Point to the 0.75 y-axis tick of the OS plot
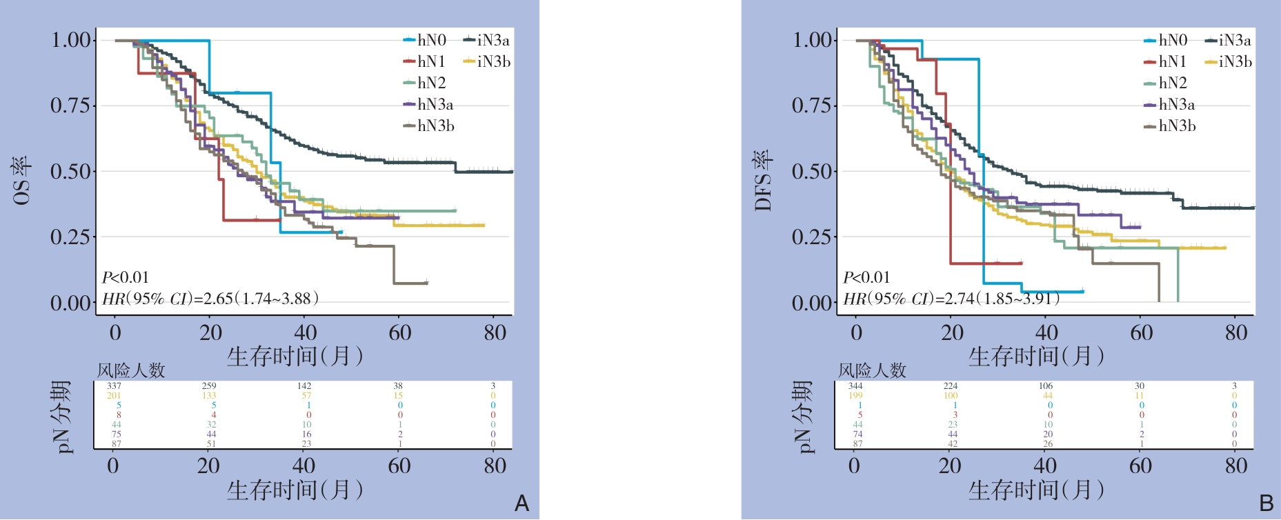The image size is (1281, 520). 70,106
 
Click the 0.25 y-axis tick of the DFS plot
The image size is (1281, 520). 812,237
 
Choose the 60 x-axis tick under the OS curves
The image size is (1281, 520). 399,333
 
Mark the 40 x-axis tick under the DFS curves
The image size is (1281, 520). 1046,333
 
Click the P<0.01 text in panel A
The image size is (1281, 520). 126,277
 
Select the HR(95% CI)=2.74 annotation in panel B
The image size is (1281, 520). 951,299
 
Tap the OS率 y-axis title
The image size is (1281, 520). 21,180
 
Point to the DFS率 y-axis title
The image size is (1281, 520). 763,180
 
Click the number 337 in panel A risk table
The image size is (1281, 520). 114,386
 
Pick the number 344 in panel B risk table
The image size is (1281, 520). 855,386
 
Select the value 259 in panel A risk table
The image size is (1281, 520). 209,386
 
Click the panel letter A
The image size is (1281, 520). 522,503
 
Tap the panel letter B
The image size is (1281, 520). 1266,503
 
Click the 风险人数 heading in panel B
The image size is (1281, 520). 872,370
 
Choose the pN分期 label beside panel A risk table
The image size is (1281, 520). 63,416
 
